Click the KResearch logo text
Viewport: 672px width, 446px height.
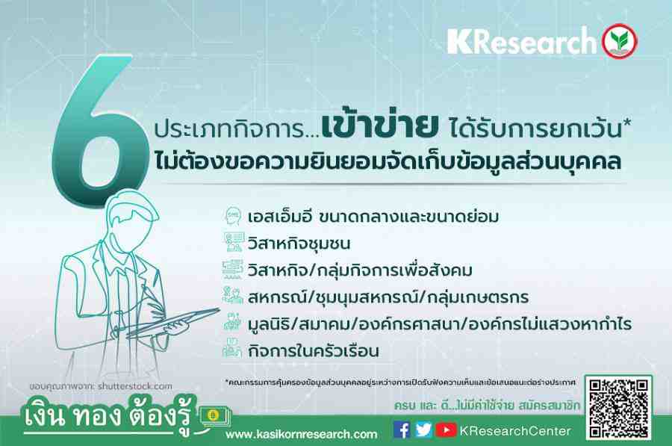point(522,42)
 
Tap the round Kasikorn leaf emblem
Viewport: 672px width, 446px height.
point(619,41)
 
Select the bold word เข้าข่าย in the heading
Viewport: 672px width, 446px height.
point(381,126)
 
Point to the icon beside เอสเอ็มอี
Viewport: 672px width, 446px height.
point(233,216)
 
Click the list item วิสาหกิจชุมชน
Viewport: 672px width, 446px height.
point(299,244)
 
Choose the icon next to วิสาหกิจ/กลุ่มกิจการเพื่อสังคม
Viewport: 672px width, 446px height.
point(233,270)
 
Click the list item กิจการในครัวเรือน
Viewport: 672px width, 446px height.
point(314,351)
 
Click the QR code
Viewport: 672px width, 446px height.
point(619,408)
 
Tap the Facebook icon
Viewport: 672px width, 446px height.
point(402,430)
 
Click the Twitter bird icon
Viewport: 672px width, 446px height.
point(423,430)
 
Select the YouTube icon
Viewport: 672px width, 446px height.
point(446,430)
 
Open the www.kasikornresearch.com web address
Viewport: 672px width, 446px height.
point(302,435)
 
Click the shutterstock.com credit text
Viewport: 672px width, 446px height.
point(134,386)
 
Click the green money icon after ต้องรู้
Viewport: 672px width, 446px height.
point(214,416)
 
